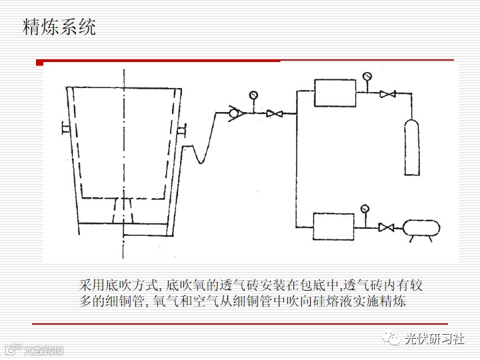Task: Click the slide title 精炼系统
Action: pos(59,27)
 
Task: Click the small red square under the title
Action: pos(40,63)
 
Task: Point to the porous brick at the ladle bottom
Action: pos(123,212)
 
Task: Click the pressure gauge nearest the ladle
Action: pos(253,96)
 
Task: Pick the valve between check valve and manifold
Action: pos(272,114)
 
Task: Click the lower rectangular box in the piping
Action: pos(334,227)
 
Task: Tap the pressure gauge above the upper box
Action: pos(367,75)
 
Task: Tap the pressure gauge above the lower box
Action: pos(365,209)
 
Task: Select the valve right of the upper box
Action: pos(385,94)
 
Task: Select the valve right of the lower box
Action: pos(385,227)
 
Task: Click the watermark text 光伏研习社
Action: pos(435,339)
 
